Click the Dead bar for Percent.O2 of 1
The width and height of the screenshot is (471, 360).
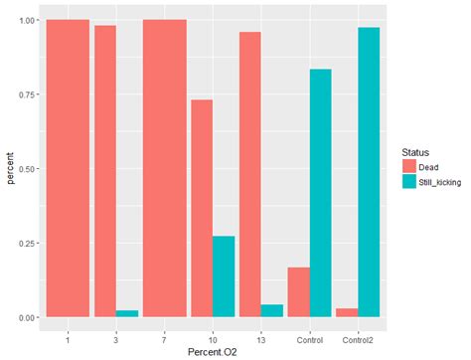[68, 168]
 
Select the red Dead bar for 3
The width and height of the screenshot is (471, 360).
[104, 171]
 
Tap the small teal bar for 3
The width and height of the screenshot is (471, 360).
[128, 313]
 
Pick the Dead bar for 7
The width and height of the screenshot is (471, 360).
[164, 168]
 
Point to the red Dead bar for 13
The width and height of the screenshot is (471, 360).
[249, 174]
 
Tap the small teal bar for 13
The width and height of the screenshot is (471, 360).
[271, 310]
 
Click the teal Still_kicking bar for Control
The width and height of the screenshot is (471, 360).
[320, 193]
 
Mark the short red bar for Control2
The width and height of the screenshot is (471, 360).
[346, 312]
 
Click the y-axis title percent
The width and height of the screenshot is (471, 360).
[12, 168]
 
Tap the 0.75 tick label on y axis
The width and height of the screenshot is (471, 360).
[28, 94]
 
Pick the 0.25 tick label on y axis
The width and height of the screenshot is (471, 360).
[28, 244]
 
